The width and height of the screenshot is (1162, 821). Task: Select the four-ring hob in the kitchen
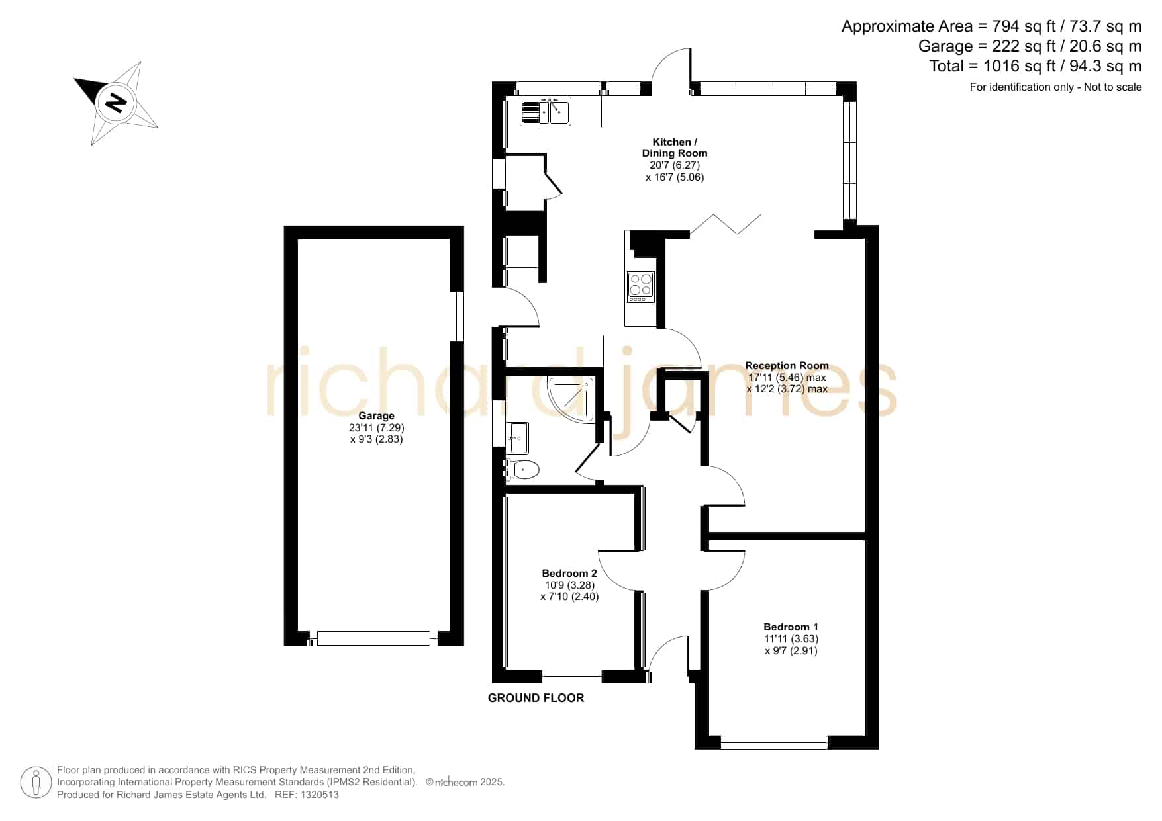pyautogui.click(x=641, y=287)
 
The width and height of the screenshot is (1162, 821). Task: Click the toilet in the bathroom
pyautogui.click(x=522, y=470)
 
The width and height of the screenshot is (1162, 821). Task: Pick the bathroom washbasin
pyautogui.click(x=518, y=437)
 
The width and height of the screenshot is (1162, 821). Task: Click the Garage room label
pyautogui.click(x=376, y=416)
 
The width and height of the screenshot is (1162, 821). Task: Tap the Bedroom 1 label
pyautogui.click(x=791, y=627)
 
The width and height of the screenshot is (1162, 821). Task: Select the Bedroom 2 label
pyautogui.click(x=569, y=573)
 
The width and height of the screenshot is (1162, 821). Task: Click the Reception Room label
pyautogui.click(x=787, y=365)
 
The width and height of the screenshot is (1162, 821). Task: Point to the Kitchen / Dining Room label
pyautogui.click(x=675, y=148)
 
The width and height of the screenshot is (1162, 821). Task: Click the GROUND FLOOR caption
pyautogui.click(x=536, y=698)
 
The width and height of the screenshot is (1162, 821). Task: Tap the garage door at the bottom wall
pyautogui.click(x=373, y=638)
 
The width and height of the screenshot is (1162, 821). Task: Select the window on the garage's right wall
pyautogui.click(x=457, y=316)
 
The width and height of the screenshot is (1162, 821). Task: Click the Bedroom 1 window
pyautogui.click(x=774, y=742)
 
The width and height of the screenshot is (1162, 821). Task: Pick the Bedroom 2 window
pyautogui.click(x=572, y=676)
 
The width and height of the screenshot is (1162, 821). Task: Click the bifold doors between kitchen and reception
pyautogui.click(x=726, y=224)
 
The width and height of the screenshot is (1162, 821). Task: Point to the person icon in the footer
pyautogui.click(x=36, y=783)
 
